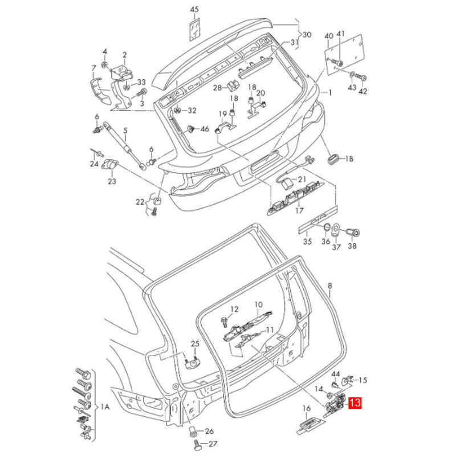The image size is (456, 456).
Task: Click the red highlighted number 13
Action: coord(355,403)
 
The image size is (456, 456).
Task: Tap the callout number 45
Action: coord(194,10)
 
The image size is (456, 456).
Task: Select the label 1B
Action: coord(349,159)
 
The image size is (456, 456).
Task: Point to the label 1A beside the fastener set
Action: coord(105,407)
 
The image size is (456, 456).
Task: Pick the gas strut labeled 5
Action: coord(125,145)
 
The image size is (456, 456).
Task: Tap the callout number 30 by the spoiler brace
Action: coord(307,35)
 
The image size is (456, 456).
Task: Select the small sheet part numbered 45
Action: coord(194,28)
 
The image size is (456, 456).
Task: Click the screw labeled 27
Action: coord(198,445)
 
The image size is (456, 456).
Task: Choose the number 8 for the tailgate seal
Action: coord(330,286)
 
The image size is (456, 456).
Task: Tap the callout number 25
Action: coord(195,344)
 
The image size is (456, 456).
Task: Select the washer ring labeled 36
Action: coord(326,227)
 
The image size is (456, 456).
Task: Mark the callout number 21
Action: coord(302,180)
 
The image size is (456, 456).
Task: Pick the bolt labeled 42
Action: coord(360,78)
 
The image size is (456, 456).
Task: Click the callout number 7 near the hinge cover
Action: coord(93,68)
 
